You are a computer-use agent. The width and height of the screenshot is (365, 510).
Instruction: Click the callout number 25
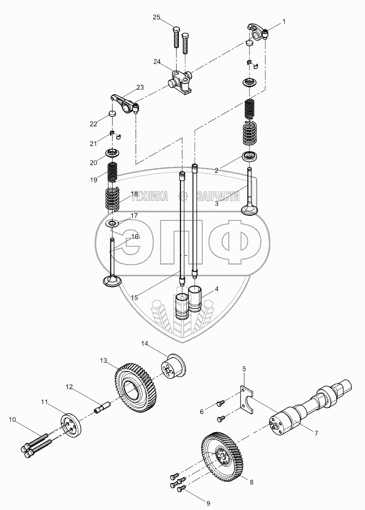click(157, 17)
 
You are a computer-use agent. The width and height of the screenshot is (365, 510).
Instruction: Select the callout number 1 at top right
click(283, 21)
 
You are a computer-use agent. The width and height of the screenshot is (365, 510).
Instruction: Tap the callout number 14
click(145, 343)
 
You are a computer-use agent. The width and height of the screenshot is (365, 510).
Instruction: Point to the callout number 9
click(208, 503)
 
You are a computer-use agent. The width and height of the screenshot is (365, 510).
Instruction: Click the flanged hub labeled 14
click(174, 368)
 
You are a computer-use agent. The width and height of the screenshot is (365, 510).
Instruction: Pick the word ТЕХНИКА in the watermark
click(151, 196)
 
